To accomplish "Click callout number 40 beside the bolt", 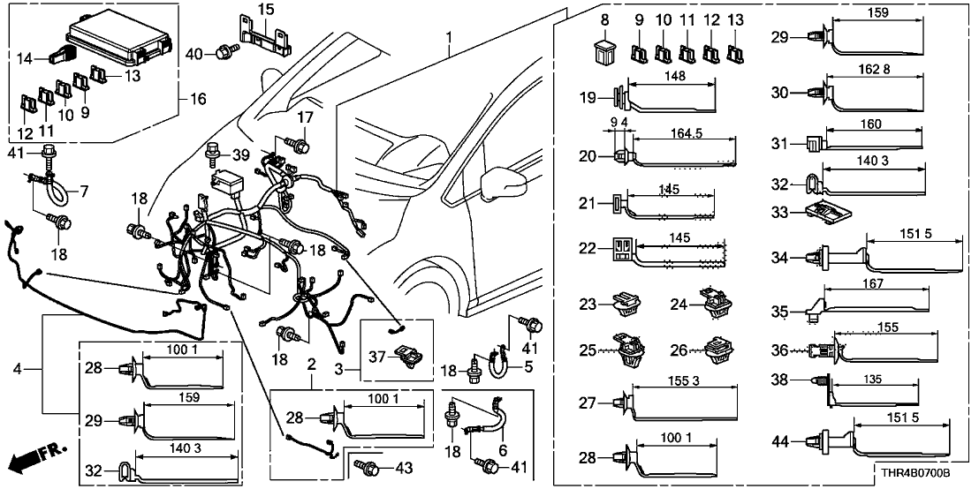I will click(x=194, y=54).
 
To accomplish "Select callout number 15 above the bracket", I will click(x=266, y=10).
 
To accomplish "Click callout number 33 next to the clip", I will click(x=778, y=212).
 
